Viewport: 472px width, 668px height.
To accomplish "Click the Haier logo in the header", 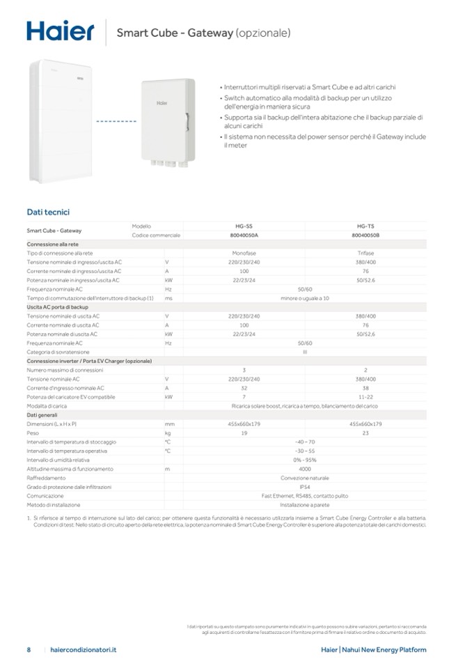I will (x=61, y=31).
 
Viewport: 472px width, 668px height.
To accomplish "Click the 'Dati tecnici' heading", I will (x=48, y=211).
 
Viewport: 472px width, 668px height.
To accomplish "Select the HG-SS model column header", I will (x=244, y=226).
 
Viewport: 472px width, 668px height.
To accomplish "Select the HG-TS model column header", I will (x=365, y=226).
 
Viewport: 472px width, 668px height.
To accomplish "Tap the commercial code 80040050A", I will (x=244, y=235).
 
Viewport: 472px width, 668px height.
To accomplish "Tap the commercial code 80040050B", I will (x=365, y=235).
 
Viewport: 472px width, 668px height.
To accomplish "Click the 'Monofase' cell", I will (x=244, y=253).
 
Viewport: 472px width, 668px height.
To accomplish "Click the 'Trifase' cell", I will (x=365, y=253).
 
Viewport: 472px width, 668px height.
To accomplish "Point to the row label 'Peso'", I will (x=33, y=433).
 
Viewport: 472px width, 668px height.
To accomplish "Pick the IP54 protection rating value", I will (x=304, y=487).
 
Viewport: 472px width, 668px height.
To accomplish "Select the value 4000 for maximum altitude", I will (x=304, y=469).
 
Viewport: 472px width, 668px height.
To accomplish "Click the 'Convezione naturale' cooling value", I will (x=304, y=478).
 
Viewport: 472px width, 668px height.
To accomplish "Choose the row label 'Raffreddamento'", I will (x=47, y=478).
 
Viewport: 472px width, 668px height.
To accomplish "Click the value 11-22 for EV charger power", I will (x=365, y=396).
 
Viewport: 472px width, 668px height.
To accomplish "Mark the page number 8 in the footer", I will (x=29, y=649).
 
